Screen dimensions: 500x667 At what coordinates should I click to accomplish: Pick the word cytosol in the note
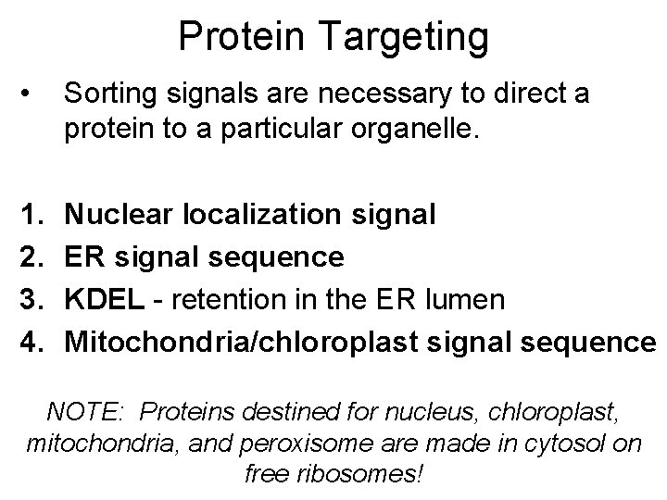click(566, 443)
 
